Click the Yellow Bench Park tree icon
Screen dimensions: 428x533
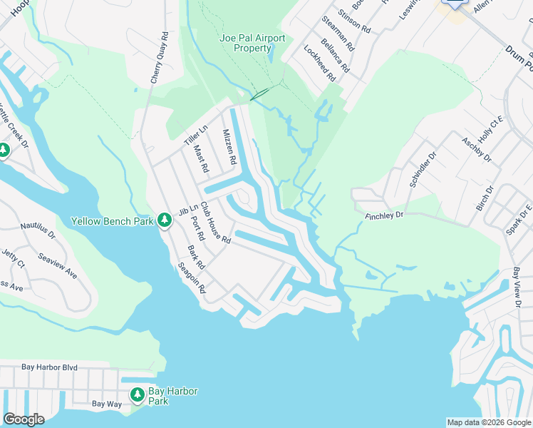165,220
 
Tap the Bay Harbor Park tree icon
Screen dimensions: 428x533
138,394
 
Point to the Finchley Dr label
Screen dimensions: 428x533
384,214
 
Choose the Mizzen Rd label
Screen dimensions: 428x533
229,147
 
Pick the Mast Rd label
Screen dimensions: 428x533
200,158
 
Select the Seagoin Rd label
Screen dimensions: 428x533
192,279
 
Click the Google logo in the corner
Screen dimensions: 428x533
24,419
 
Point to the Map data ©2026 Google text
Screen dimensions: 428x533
489,422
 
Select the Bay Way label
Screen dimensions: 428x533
107,404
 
